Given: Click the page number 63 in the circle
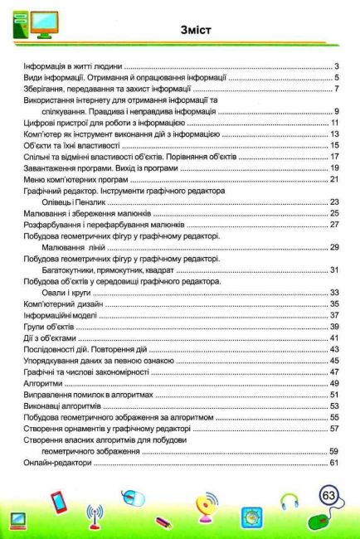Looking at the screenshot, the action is (x=328, y=497).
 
